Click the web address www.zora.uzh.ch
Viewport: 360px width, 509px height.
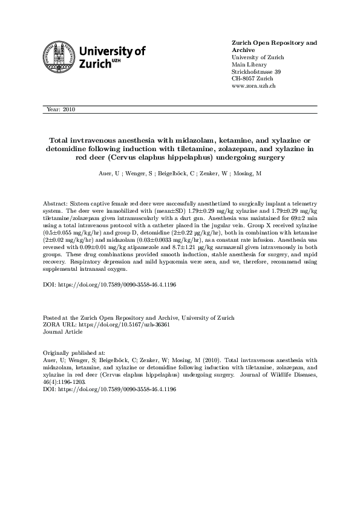point(254,86)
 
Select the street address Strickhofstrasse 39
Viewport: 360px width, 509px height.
point(257,72)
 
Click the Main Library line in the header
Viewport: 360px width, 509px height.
point(249,65)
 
